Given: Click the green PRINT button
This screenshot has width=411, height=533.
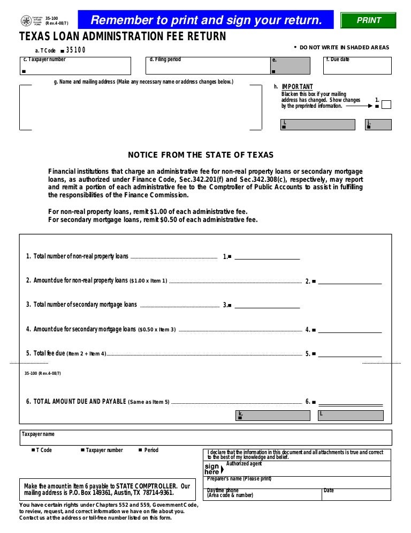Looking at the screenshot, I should pos(368,20).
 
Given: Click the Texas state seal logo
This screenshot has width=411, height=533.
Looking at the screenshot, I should pos(26,21).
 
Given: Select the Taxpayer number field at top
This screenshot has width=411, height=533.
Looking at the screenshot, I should pos(75,66).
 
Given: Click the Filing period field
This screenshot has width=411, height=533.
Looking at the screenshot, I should pos(207,66).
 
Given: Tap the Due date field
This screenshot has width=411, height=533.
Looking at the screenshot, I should pos(357,66).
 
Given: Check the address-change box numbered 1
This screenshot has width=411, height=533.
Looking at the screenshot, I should pos(386,105).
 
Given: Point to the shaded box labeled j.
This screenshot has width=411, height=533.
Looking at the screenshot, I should pos(379,124).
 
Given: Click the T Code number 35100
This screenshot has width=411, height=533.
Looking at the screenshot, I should pos(75,50).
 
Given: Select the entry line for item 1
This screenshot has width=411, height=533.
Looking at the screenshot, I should pos(267,257).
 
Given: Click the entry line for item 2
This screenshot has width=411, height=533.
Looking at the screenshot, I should pos(350,281).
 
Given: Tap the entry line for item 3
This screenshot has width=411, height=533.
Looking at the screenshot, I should pos(267,305).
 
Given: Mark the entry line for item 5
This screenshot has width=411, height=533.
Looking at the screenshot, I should pos(350,354).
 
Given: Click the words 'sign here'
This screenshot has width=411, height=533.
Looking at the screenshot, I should pos(212,469).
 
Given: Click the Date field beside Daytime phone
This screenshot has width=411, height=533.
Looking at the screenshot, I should pos(356,494).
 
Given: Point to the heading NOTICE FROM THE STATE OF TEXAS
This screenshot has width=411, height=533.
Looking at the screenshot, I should pos(201,155).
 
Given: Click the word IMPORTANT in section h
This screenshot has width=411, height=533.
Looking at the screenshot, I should pos(297,87).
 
